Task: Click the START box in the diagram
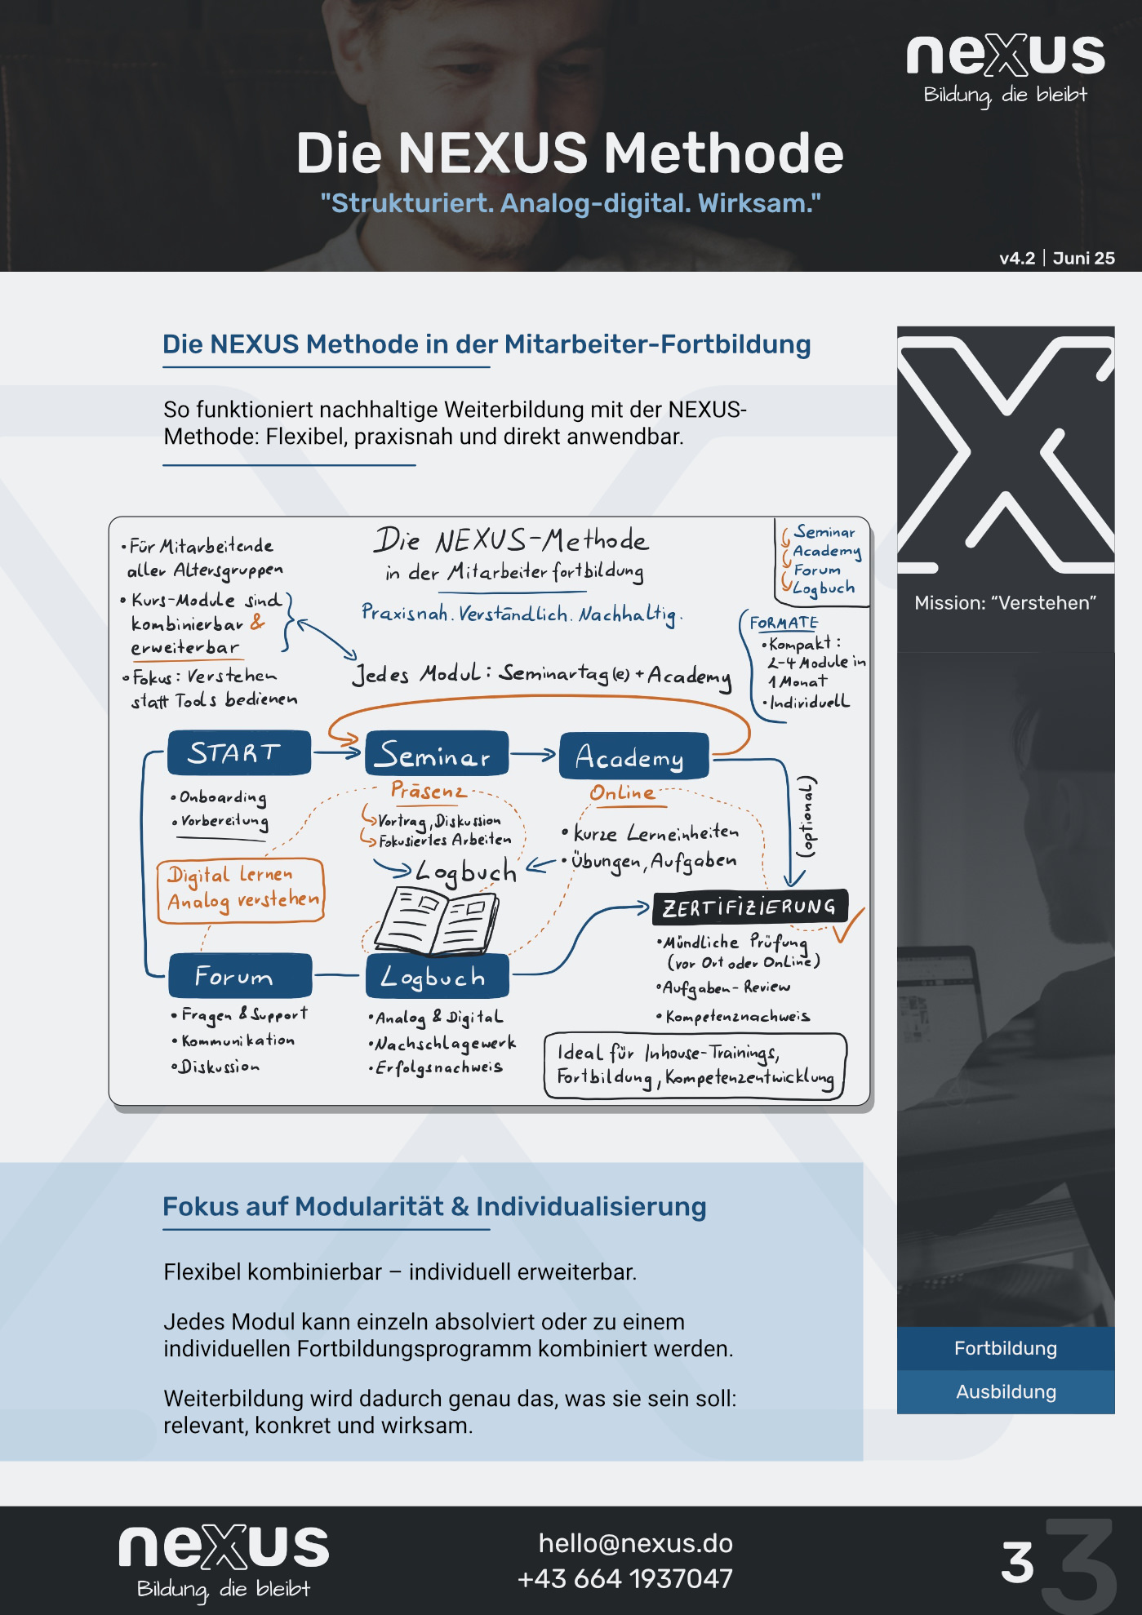point(238,752)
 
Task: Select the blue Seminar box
point(437,753)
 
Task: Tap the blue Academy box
point(634,756)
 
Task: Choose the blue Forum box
point(240,975)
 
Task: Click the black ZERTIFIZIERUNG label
point(750,907)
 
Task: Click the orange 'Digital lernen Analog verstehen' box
point(241,890)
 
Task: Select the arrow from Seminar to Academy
point(533,755)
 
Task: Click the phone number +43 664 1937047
point(625,1578)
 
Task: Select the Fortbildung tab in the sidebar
point(1006,1348)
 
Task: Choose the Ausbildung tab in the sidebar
point(1006,1391)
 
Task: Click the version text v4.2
point(1017,258)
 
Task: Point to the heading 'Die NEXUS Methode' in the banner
point(570,153)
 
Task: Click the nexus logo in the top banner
point(1006,69)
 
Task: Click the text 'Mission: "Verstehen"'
point(1005,603)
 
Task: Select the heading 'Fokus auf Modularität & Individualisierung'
point(434,1206)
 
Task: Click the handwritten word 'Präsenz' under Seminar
point(428,790)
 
